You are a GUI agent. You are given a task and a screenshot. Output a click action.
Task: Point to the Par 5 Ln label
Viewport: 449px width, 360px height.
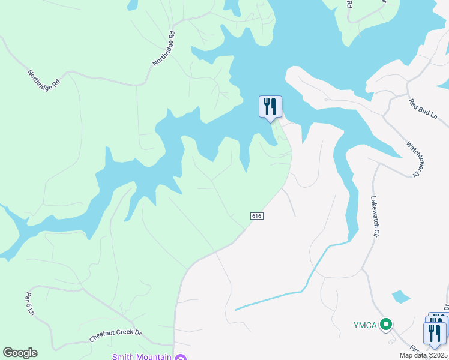coord(29,304)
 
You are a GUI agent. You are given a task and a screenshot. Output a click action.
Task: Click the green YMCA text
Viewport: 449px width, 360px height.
coord(364,325)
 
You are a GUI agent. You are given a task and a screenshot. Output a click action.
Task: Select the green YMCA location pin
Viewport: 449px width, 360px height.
coord(387,325)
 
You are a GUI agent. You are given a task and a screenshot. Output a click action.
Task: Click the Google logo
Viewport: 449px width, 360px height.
coord(20,353)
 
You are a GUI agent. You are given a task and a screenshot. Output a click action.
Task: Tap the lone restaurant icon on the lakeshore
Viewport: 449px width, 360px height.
coord(270,107)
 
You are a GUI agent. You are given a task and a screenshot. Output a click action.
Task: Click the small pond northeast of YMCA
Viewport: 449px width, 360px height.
coord(400,296)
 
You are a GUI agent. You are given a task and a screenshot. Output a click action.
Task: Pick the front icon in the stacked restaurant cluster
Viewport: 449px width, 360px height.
coord(435,333)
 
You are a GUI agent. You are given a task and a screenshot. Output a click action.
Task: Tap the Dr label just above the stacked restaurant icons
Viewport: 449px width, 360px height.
coord(446,307)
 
